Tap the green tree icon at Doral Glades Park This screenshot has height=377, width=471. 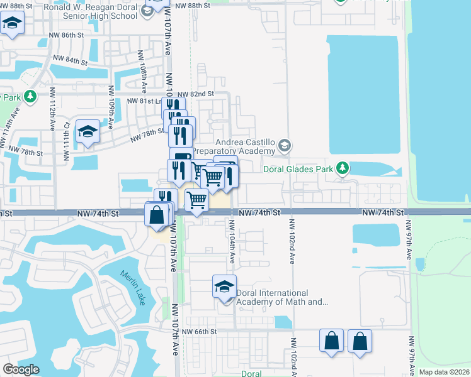tap(342, 168)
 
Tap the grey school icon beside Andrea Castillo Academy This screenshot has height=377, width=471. tap(285, 146)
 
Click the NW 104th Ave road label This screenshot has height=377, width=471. tap(232, 242)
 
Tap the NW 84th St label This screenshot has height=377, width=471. tap(71, 60)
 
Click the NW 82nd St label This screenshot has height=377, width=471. tap(197, 93)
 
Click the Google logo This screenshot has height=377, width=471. tap(21, 369)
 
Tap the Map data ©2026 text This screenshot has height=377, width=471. tap(444, 372)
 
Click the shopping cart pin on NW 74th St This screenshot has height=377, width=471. tap(197, 200)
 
